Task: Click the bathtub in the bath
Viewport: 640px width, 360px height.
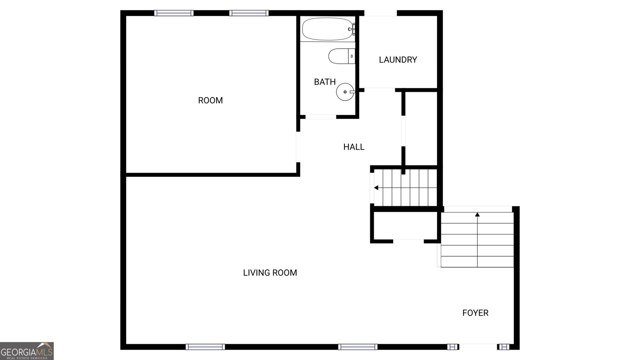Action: [x=327, y=29]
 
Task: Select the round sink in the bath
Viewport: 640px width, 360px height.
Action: [x=345, y=92]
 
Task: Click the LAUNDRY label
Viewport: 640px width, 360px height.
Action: [x=398, y=60]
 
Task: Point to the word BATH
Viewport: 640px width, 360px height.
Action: [x=325, y=82]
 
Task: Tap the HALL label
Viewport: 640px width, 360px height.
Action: [x=354, y=147]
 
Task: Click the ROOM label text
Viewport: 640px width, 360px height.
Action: [x=210, y=100]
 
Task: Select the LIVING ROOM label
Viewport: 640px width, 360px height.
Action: [x=270, y=273]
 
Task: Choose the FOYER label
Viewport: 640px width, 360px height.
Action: [x=475, y=313]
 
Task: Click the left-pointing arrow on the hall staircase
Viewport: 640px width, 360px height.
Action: [x=376, y=188]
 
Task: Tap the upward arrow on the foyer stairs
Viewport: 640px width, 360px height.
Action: [x=477, y=215]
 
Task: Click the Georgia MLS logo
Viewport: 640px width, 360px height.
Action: [x=27, y=351]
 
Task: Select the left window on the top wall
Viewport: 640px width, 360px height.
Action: [x=174, y=13]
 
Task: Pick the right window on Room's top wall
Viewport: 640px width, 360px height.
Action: [x=249, y=13]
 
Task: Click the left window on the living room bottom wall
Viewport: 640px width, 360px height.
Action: [x=205, y=347]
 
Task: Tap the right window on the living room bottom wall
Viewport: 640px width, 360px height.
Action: [x=358, y=347]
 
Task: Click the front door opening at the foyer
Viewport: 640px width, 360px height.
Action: [x=478, y=346]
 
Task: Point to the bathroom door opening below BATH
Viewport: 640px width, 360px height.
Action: [x=321, y=117]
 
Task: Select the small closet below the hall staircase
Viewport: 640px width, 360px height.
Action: [x=405, y=226]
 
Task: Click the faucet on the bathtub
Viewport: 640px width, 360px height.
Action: [x=352, y=29]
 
